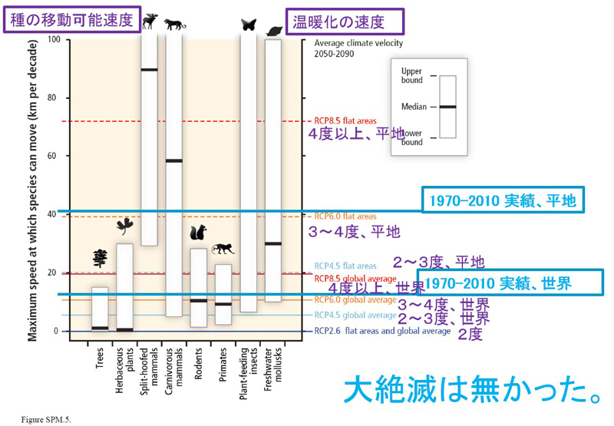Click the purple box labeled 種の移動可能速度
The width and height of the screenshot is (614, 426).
pyautogui.click(x=72, y=17)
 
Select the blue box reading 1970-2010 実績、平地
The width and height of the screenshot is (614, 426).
pyautogui.click(x=503, y=200)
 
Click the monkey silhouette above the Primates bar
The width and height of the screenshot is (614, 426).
pyautogui.click(x=224, y=249)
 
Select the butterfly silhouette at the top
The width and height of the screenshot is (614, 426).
pyautogui.click(x=248, y=25)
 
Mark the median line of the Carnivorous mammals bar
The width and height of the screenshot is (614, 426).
pyautogui.click(x=174, y=160)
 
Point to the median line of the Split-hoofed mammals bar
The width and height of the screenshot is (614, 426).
pyautogui.click(x=149, y=70)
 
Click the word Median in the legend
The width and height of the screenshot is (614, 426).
pyautogui.click(x=414, y=106)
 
